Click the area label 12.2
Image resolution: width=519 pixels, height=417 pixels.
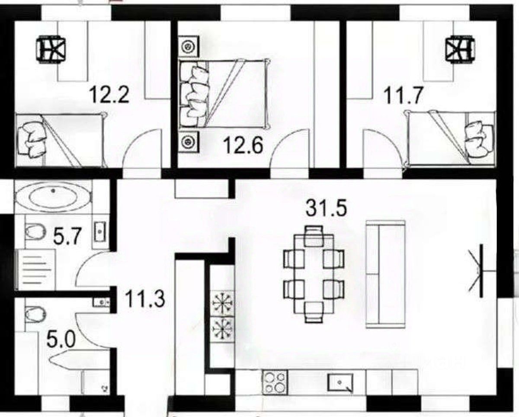pos(109,95)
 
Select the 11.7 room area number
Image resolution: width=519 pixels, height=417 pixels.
pos(403,95)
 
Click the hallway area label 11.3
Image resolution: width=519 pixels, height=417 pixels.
pos(145,299)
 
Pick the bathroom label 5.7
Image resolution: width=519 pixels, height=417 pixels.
pos(67,236)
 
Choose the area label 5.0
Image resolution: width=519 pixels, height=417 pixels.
pos(61,340)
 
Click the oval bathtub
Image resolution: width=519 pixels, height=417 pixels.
pos(54,197)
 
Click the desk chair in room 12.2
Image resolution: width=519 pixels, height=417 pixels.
pos(51,49)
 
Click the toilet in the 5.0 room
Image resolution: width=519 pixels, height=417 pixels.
pos(35,314)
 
